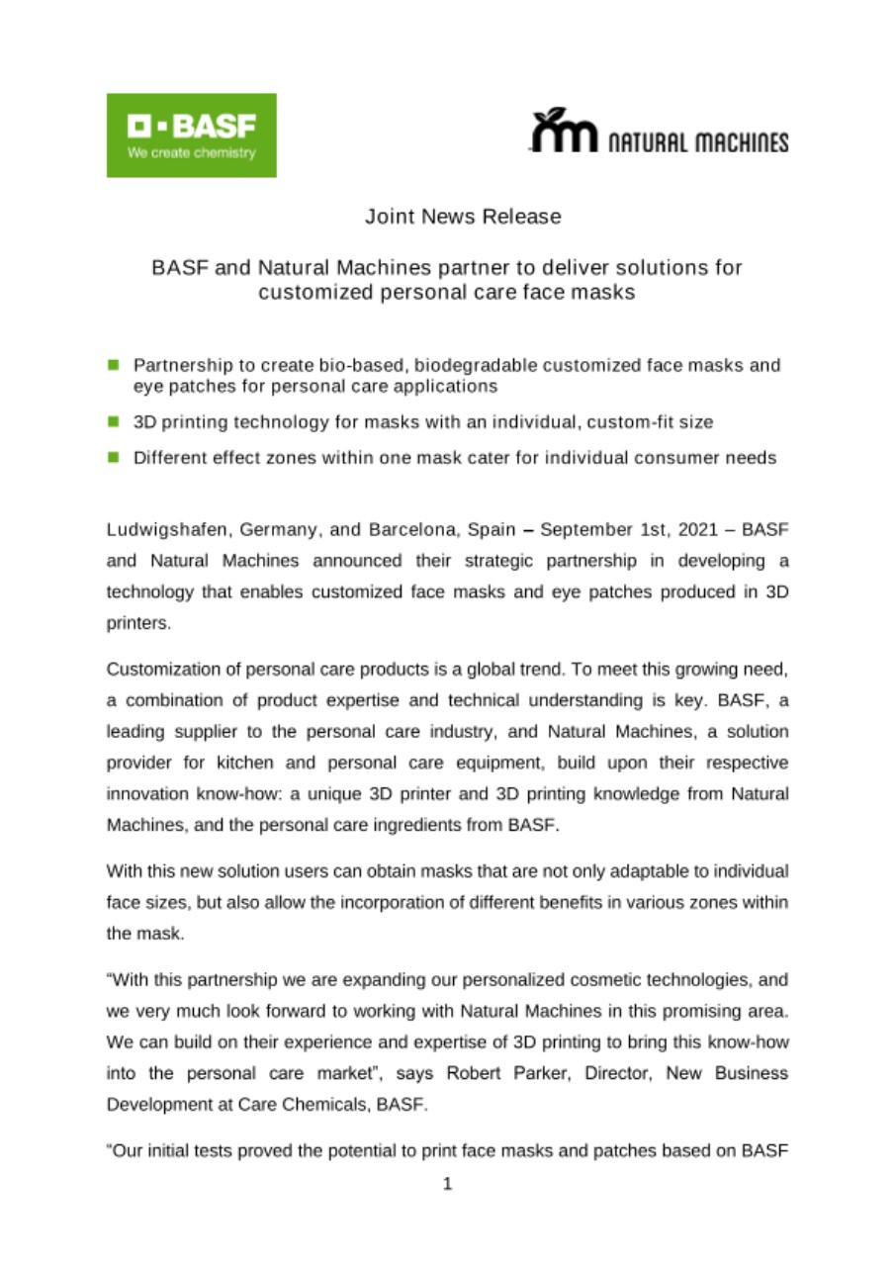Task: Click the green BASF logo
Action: point(191,136)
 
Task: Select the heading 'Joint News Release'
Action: point(463,216)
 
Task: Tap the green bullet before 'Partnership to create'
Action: point(114,365)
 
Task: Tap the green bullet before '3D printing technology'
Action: point(114,422)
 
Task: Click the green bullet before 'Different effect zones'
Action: point(114,457)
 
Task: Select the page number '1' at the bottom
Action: point(447,1184)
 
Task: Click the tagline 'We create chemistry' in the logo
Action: point(191,153)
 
